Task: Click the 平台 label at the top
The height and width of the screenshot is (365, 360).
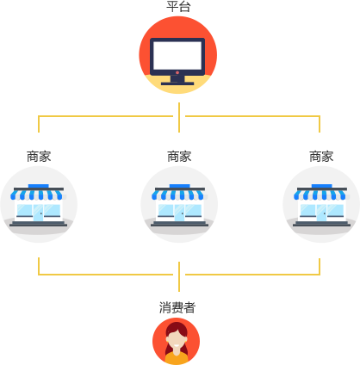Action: pyautogui.click(x=178, y=7)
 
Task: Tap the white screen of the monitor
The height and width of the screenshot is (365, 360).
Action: pyautogui.click(x=177, y=56)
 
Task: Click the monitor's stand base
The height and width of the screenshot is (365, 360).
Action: pyautogui.click(x=177, y=83)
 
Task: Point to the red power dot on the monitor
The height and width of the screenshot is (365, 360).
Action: pyautogui.click(x=177, y=72)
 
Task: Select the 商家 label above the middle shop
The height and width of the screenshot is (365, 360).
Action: pyautogui.click(x=179, y=156)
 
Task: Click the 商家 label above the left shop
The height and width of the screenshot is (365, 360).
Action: pyautogui.click(x=39, y=156)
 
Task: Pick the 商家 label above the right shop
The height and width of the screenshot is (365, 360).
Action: pyautogui.click(x=321, y=156)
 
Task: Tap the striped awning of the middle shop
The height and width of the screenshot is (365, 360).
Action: pyautogui.click(x=179, y=195)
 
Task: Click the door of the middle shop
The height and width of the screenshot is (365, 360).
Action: pyautogui.click(x=179, y=212)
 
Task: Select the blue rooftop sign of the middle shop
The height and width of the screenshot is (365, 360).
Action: pyautogui.click(x=179, y=185)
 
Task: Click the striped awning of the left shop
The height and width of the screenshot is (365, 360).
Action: pyautogui.click(x=38, y=195)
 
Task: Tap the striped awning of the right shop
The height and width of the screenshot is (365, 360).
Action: pyautogui.click(x=321, y=195)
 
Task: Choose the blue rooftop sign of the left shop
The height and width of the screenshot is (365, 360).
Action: pyautogui.click(x=38, y=185)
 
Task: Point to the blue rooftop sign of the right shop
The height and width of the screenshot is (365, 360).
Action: pyautogui.click(x=321, y=185)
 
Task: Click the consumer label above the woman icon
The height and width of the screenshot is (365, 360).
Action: pyautogui.click(x=177, y=307)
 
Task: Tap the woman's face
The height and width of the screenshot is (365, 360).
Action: pyautogui.click(x=177, y=338)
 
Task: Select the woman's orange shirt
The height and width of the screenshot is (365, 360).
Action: pyautogui.click(x=177, y=358)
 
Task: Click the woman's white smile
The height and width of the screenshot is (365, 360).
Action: pyautogui.click(x=177, y=344)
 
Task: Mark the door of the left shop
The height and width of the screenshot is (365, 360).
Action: pyautogui.click(x=38, y=212)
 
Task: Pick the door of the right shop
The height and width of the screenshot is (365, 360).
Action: pyautogui.click(x=321, y=212)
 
